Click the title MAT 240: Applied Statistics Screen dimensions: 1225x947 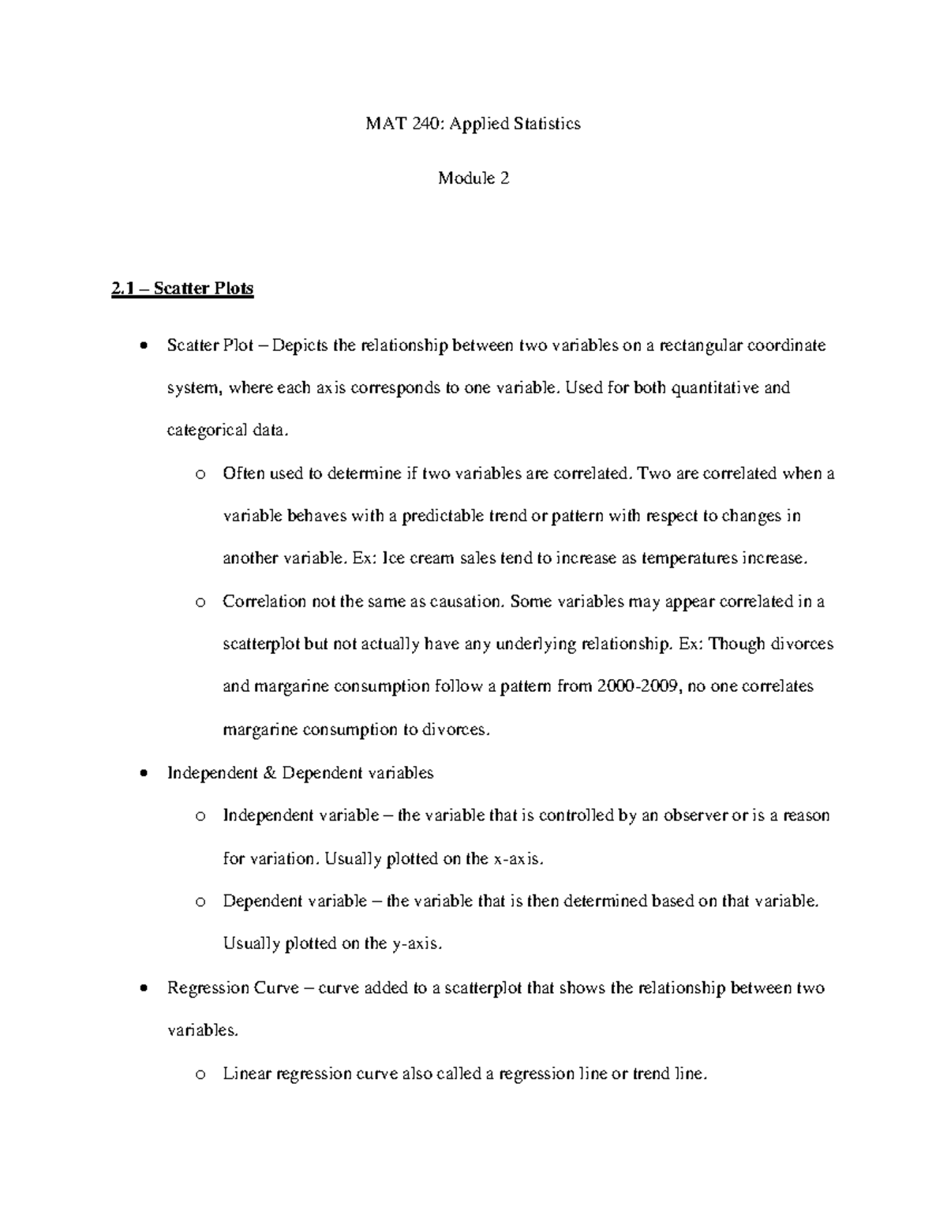point(473,123)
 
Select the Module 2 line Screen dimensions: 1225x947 point(473,178)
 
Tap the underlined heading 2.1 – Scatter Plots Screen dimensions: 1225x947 point(182,289)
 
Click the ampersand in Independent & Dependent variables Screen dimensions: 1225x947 point(268,773)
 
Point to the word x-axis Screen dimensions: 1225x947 point(518,859)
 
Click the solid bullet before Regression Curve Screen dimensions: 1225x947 point(143,988)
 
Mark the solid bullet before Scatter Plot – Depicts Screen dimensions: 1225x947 point(143,346)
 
